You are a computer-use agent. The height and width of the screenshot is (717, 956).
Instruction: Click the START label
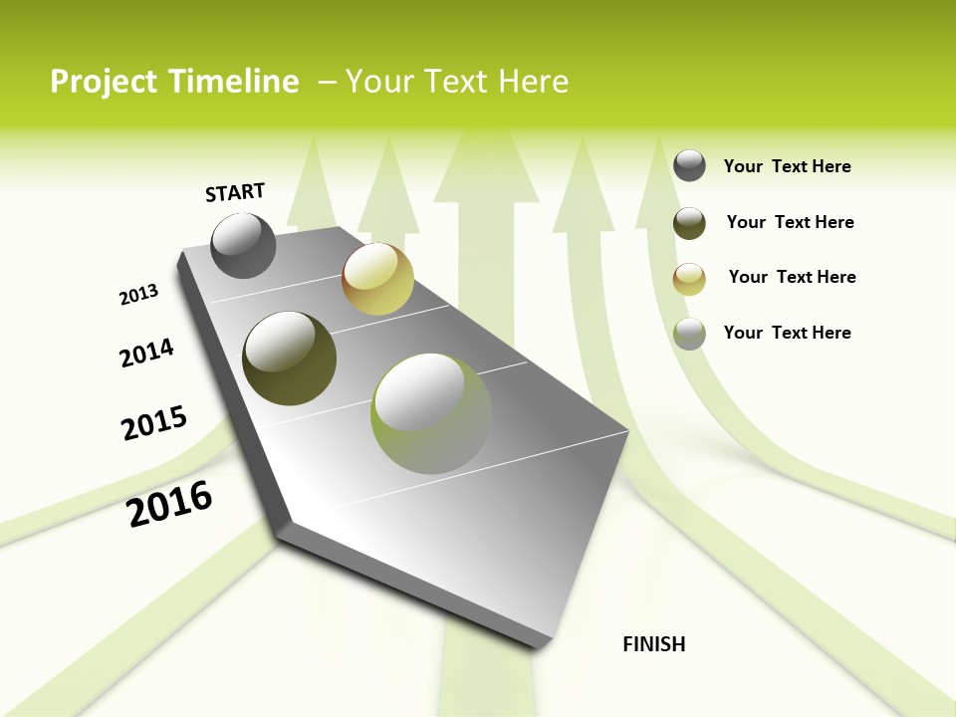(x=235, y=192)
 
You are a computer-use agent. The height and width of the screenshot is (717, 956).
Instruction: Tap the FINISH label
(x=653, y=644)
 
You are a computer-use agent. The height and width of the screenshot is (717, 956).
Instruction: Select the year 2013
(x=138, y=295)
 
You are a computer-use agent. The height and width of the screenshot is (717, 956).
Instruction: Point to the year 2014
(x=146, y=353)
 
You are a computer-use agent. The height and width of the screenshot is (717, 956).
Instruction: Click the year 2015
(x=153, y=423)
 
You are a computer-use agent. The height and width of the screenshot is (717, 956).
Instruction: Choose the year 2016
(x=169, y=504)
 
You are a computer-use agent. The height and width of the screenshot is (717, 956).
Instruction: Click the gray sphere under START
(x=243, y=246)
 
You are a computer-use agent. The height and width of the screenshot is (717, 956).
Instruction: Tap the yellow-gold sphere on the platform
(x=377, y=279)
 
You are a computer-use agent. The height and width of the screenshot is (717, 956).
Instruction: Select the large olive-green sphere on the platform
(x=289, y=358)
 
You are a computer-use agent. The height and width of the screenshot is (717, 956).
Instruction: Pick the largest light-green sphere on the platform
(x=430, y=413)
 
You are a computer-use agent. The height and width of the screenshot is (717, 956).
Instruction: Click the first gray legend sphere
(x=689, y=165)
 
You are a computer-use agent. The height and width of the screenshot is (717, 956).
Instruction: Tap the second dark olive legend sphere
(x=689, y=222)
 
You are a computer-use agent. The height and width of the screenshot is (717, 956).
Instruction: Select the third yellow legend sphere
(x=689, y=278)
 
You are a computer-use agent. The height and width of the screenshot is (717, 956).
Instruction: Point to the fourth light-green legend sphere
(x=689, y=334)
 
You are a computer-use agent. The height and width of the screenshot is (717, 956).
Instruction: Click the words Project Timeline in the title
(x=174, y=82)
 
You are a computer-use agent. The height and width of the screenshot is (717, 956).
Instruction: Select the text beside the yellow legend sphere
(x=792, y=277)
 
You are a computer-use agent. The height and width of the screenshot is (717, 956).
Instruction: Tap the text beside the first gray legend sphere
(x=787, y=166)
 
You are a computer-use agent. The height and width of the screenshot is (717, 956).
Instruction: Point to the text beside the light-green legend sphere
(x=787, y=333)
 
